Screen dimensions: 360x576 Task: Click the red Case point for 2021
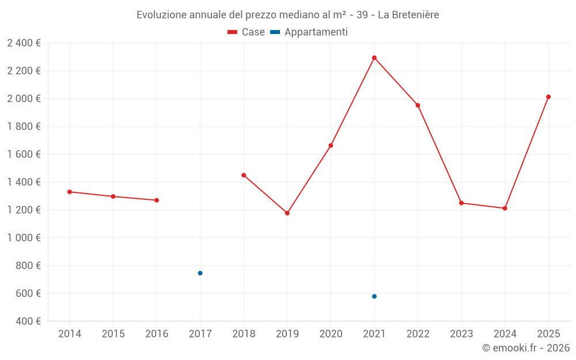[374, 58]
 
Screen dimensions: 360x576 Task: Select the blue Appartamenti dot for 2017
[200, 273]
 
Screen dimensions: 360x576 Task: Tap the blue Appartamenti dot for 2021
[374, 297]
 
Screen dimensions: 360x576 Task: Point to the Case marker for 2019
[287, 213]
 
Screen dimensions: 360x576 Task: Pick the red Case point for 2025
[548, 97]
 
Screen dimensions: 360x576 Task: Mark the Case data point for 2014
[70, 192]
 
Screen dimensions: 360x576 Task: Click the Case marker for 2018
[244, 175]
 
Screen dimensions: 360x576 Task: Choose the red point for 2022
[418, 105]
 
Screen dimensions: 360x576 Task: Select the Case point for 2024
[505, 208]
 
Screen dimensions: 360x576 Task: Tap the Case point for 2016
[157, 200]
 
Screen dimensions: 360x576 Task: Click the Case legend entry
[247, 32]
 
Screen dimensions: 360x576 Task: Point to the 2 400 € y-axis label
[24, 43]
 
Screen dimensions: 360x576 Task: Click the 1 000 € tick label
[24, 238]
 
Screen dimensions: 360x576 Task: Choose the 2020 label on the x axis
[331, 334]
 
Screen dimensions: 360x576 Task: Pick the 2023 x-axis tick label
[461, 334]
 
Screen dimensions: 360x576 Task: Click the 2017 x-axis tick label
[200, 334]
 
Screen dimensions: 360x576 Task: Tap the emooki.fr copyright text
[526, 348]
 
